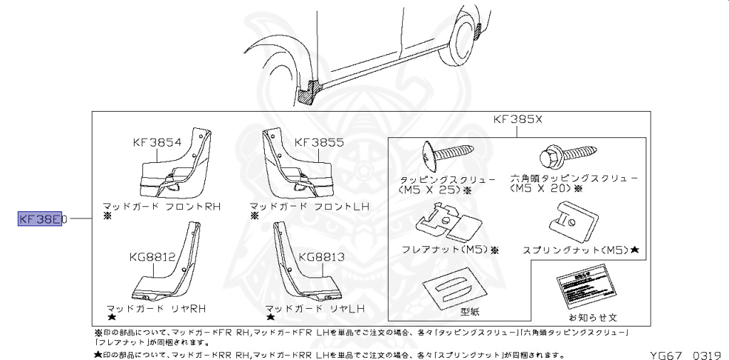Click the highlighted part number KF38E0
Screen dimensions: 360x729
tap(42, 219)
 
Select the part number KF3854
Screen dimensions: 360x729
tap(157, 142)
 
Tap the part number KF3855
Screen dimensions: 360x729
tap(319, 142)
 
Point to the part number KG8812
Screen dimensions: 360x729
tap(152, 257)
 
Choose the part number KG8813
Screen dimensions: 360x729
tap(322, 257)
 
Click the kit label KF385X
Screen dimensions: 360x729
tap(518, 120)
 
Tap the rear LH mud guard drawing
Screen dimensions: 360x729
tap(299, 267)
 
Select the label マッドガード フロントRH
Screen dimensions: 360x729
tap(162, 206)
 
